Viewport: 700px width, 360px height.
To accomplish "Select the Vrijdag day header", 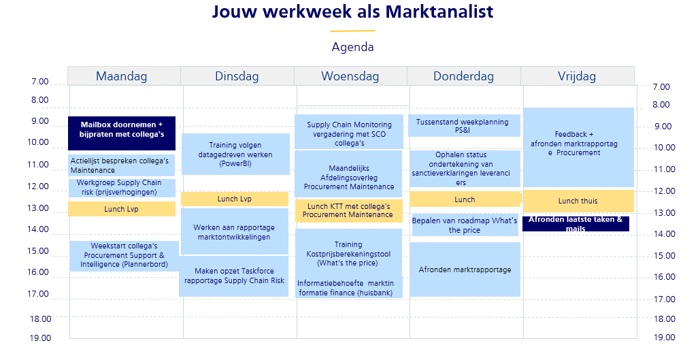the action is click(x=578, y=76).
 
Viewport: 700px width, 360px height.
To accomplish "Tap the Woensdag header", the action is click(x=350, y=76).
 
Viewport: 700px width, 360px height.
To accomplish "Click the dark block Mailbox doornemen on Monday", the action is click(x=122, y=133).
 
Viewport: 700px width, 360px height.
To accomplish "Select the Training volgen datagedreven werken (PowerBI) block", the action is click(x=235, y=154).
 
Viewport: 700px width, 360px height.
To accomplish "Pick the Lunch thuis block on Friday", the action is click(x=578, y=201).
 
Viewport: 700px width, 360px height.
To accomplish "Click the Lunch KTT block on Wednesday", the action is click(x=349, y=211).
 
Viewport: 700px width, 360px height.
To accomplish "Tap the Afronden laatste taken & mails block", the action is click(x=576, y=224).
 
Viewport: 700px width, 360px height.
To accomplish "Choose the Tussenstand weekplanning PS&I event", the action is click(x=464, y=125).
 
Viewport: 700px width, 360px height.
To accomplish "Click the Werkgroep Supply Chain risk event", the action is click(x=122, y=188).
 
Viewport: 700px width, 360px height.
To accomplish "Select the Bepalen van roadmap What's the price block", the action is click(x=464, y=225).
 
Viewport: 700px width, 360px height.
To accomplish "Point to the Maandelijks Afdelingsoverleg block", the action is click(x=349, y=174).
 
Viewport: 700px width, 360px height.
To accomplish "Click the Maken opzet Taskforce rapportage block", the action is click(x=234, y=276).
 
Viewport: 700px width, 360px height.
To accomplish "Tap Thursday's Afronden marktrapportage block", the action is click(x=465, y=269).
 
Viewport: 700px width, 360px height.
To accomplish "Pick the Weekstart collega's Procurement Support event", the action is click(x=124, y=256).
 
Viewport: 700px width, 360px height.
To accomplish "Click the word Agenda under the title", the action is click(x=352, y=47).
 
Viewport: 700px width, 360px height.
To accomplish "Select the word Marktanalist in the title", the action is click(x=439, y=12).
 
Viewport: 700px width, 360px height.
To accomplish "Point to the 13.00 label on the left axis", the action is click(x=39, y=208).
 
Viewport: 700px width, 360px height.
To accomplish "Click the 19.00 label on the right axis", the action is click(x=664, y=338).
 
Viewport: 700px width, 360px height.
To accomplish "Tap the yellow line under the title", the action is click(x=352, y=31).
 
